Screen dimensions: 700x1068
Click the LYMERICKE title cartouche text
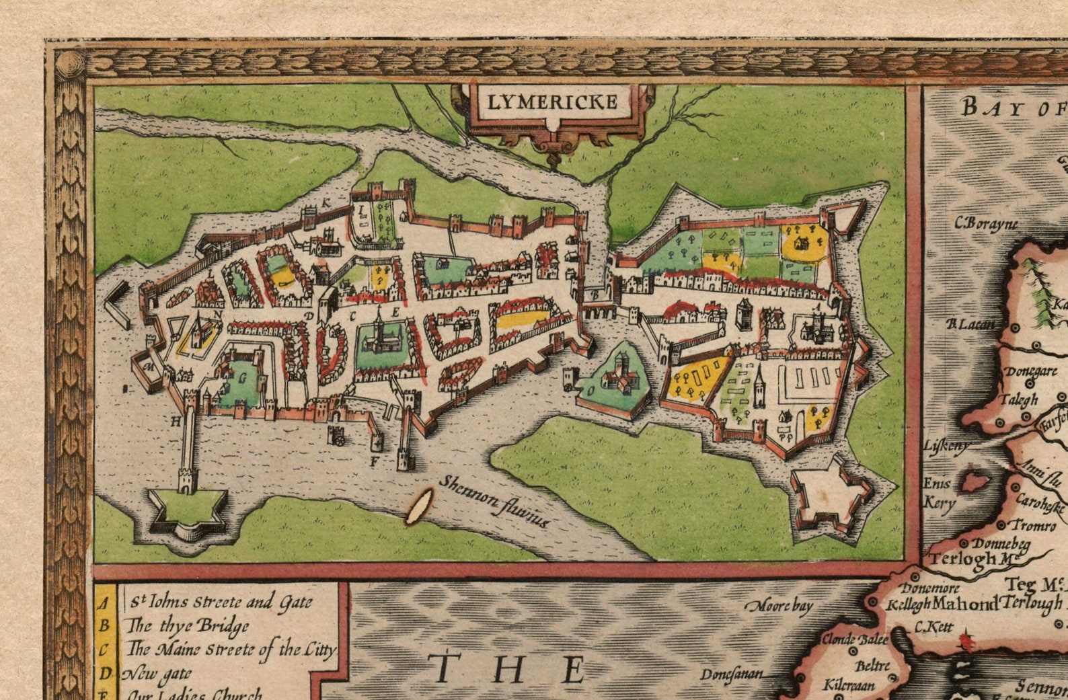coord(552,102)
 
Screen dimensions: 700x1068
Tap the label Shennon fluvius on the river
coord(494,502)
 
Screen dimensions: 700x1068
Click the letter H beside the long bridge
coord(176,422)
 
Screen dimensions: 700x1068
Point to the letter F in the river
coord(373,461)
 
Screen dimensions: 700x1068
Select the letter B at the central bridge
coord(595,294)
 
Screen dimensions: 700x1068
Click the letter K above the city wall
coord(326,202)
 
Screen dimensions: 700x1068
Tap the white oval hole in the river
coord(418,506)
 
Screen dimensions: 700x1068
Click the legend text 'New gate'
coord(158,672)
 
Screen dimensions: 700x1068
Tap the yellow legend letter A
coord(104,603)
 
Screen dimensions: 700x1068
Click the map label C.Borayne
coord(986,223)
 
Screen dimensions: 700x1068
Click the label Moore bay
coord(780,606)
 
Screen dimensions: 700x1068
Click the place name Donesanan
coord(731,674)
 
